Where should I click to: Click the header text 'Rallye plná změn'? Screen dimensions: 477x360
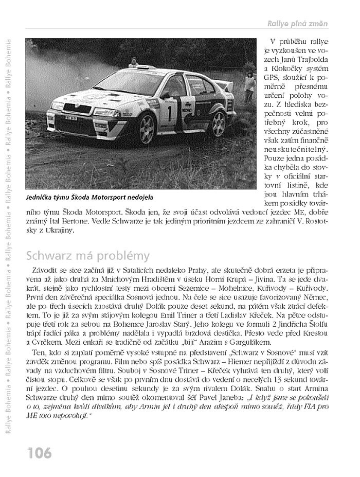point(297,24)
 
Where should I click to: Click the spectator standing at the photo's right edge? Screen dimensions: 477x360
point(250,82)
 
